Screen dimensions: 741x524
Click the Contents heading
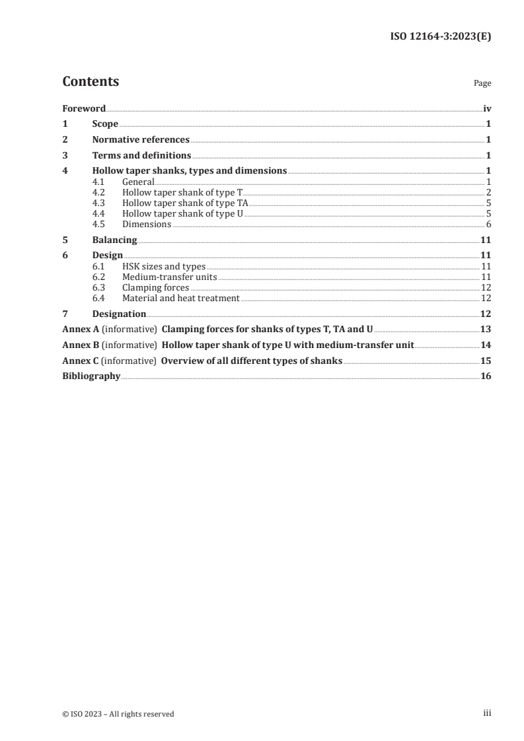point(91,82)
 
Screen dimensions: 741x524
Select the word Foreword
point(84,108)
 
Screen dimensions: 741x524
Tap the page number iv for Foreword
point(486,108)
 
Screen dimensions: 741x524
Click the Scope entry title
point(105,124)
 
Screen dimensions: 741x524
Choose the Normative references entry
point(141,140)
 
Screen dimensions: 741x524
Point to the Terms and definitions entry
point(141,156)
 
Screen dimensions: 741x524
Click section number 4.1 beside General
point(98,181)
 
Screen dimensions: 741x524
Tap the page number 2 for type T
point(488,192)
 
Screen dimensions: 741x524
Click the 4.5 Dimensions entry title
point(147,225)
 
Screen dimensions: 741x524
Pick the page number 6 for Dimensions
point(488,225)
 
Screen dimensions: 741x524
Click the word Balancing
point(114,240)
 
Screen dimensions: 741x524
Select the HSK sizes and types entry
point(164,266)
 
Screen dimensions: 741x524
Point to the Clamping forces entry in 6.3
point(156,288)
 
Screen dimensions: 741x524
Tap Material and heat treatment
point(180,299)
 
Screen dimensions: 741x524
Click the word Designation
point(119,314)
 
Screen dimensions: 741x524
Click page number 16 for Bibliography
point(486,376)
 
